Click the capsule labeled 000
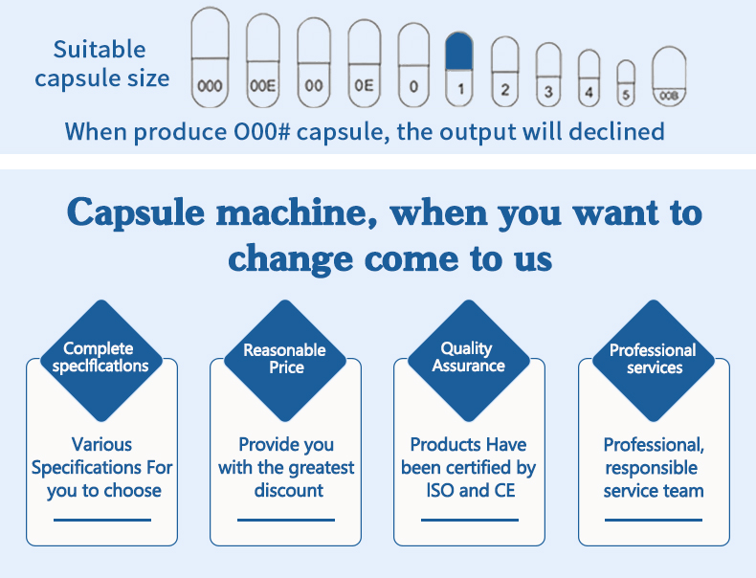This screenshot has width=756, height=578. point(210,57)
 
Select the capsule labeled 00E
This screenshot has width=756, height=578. point(263,60)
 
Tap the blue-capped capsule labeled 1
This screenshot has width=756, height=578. point(459,69)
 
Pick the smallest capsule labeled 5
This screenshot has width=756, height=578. point(626,83)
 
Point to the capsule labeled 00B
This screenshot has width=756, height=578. point(669,76)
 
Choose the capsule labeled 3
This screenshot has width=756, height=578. point(548,75)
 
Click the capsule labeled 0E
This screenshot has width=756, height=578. point(364,63)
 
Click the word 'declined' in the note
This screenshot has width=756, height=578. point(616,132)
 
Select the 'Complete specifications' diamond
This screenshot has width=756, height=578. point(101,361)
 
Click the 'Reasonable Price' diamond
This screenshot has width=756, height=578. point(285,361)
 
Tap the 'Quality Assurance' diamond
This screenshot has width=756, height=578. point(469,361)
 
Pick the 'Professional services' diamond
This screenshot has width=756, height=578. point(654,361)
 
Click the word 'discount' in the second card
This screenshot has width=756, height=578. point(288,490)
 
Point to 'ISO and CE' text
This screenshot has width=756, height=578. point(471,490)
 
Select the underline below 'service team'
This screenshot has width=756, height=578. point(654,521)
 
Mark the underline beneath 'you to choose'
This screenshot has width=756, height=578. point(102,521)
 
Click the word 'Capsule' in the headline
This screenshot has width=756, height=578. point(136,213)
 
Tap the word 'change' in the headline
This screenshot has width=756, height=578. point(291,259)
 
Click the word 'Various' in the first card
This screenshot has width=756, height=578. point(101,444)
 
